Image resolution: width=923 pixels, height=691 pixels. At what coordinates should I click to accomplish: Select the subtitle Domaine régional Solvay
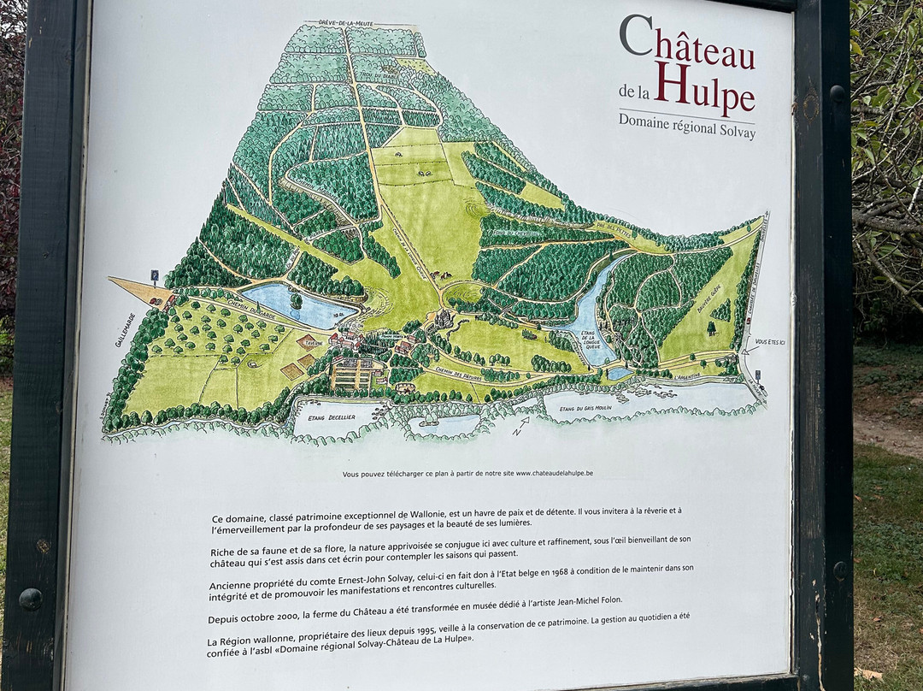coord(687,126)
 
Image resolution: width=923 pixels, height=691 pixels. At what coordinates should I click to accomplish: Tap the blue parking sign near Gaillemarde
coord(155,275)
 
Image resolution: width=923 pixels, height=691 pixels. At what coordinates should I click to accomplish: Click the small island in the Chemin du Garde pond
coord(296,300)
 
